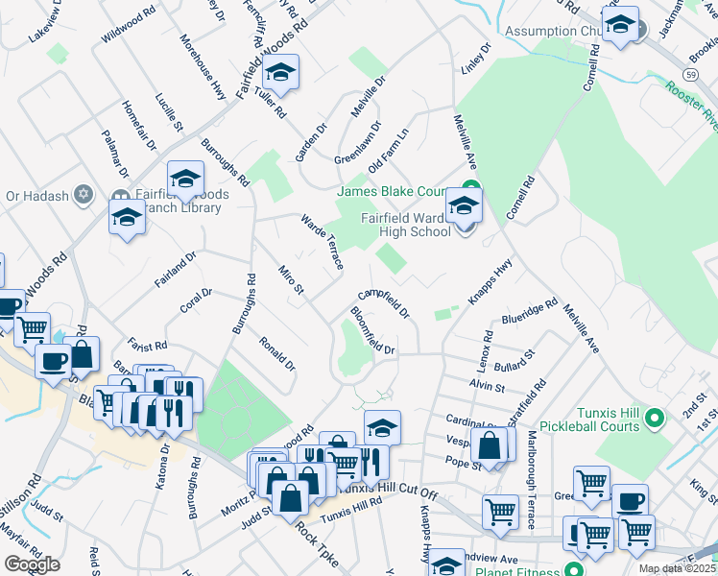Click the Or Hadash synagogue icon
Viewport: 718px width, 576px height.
tap(84, 195)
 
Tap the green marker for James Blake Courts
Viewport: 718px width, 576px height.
tap(470, 188)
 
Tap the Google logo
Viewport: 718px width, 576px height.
tap(32, 564)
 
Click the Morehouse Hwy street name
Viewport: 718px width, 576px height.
tap(203, 67)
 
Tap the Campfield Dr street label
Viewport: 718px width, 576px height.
tap(384, 304)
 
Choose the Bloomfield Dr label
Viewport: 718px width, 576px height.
tap(372, 330)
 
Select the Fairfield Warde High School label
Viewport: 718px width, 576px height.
tap(405, 224)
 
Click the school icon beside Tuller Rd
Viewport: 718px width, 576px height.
tap(280, 72)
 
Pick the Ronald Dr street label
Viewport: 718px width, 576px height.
tap(276, 354)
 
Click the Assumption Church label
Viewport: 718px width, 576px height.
tap(551, 31)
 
